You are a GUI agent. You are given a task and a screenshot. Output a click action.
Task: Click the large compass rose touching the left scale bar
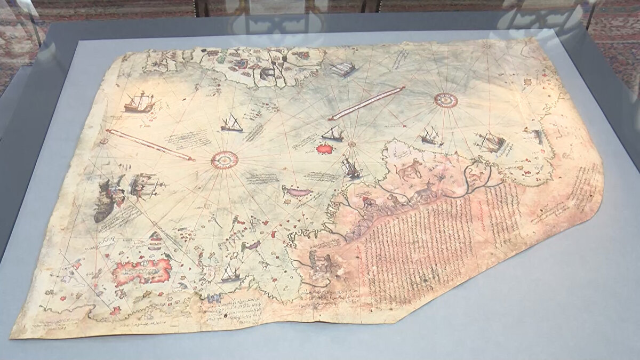click(225, 159)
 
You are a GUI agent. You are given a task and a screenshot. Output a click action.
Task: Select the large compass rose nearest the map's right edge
click(446, 99)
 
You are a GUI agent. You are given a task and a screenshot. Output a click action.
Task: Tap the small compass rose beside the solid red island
click(351, 144)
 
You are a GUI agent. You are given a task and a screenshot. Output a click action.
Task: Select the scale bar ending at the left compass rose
click(150, 145)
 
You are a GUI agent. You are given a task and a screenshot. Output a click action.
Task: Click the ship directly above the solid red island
click(332, 133)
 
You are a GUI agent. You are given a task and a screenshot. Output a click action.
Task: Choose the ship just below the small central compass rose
click(351, 168)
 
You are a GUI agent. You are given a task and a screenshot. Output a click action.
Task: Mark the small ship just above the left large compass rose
click(232, 124)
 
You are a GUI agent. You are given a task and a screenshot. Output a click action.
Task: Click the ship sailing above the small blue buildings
click(230, 273)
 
